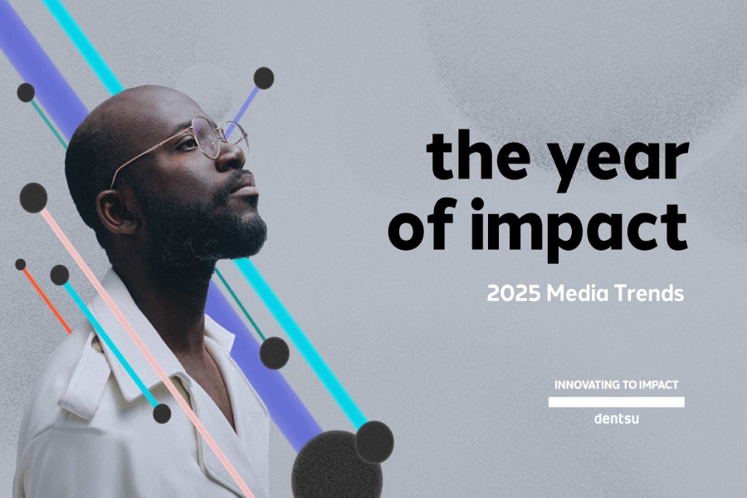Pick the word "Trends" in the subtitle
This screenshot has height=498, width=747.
(652, 294)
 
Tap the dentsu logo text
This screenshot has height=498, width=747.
(617, 418)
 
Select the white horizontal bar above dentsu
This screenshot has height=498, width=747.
(617, 402)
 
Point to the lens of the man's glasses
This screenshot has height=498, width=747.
(207, 138)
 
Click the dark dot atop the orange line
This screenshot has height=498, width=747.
(20, 265)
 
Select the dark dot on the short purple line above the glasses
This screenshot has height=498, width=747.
(264, 78)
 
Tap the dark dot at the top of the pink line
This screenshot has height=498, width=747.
(33, 198)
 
